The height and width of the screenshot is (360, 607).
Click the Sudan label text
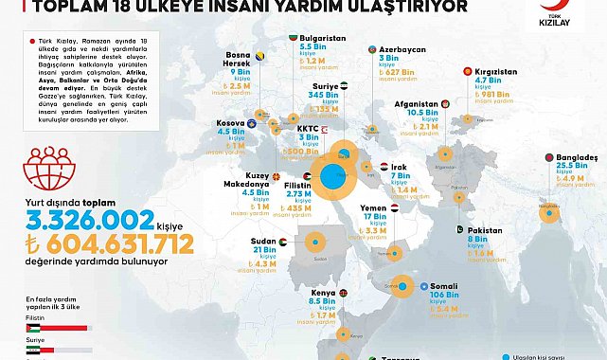264,241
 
